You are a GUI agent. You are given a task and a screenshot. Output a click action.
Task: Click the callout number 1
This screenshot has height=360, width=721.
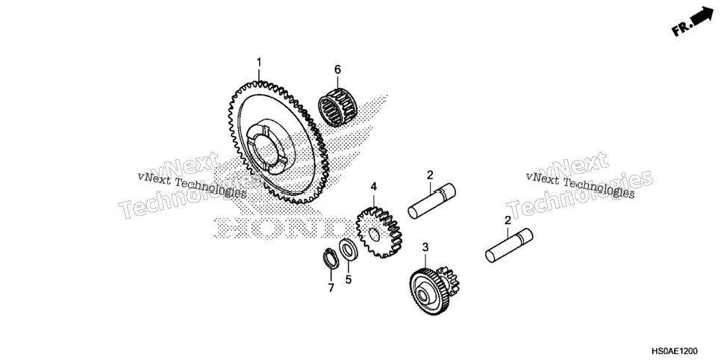tap(259, 62)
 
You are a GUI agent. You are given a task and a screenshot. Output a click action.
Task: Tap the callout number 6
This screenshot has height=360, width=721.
tap(337, 69)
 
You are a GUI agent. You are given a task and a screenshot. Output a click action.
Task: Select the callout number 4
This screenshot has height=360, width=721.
tap(373, 187)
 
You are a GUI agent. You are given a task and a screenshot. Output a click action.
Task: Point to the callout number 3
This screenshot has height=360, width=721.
tap(425, 247)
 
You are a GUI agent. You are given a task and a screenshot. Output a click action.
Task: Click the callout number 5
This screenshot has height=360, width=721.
tap(348, 279)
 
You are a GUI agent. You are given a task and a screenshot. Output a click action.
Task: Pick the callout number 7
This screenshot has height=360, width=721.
tap(331, 288)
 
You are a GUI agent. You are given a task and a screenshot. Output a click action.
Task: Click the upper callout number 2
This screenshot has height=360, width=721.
tap(430, 175)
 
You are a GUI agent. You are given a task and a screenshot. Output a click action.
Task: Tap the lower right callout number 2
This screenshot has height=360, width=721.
tap(508, 220)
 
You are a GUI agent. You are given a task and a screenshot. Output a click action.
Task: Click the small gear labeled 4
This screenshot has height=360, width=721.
tap(379, 232)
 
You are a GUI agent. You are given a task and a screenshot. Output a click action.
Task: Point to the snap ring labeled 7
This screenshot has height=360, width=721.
tap(331, 258)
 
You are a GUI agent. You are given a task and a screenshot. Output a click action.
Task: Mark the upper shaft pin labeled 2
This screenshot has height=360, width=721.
tap(431, 200)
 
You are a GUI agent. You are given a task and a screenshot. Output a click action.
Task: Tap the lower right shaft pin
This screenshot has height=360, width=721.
tap(509, 246)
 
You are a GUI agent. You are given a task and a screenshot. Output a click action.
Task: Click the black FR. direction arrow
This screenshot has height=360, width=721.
tap(702, 16)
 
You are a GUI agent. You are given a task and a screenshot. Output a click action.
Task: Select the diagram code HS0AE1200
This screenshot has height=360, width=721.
tap(675, 351)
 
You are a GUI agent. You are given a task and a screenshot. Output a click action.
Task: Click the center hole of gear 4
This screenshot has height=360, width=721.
tap(374, 234)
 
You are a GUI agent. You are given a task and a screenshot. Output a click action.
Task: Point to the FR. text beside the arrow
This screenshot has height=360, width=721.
tap(681, 28)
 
